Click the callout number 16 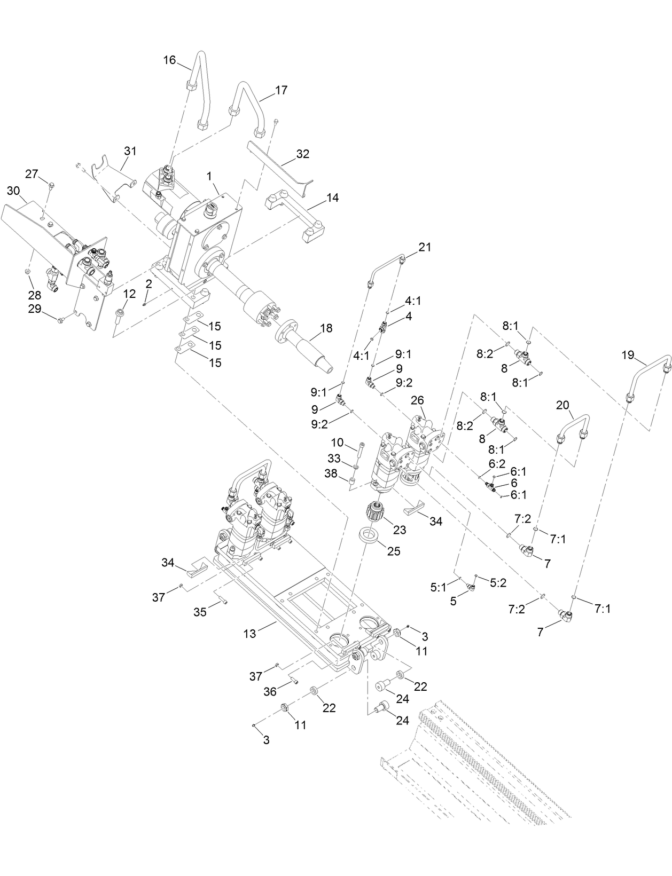[x=169, y=60]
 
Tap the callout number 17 [x=281, y=90]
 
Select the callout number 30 [x=13, y=191]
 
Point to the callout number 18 [x=325, y=328]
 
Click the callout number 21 [x=425, y=247]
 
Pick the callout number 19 [x=628, y=354]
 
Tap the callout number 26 [x=417, y=400]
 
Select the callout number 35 [x=200, y=612]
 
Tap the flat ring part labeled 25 [x=367, y=536]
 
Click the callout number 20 [x=563, y=405]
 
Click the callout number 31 [x=130, y=151]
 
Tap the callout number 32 [x=303, y=154]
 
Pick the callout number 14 [x=332, y=198]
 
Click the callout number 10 [x=337, y=443]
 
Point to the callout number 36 [x=270, y=691]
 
